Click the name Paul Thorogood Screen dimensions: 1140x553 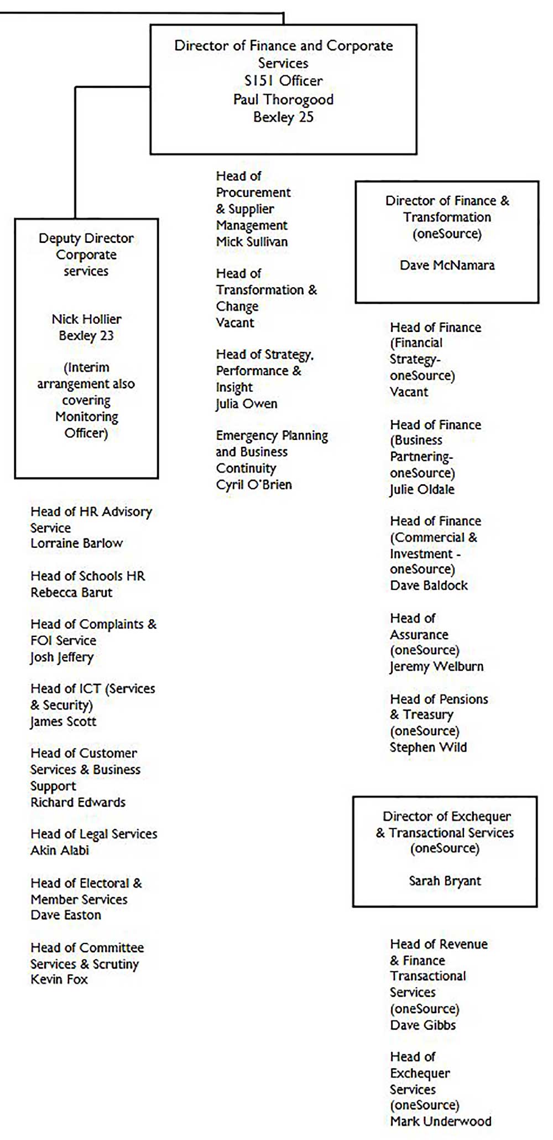pyautogui.click(x=283, y=100)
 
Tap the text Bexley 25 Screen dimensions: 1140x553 pyautogui.click(x=283, y=117)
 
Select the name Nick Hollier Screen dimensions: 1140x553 pyautogui.click(x=86, y=319)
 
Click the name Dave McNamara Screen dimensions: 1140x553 pyautogui.click(x=447, y=265)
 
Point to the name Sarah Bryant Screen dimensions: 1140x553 pyautogui.click(x=445, y=880)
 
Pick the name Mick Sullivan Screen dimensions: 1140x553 pyautogui.click(x=252, y=242)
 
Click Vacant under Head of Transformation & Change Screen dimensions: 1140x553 pyautogui.click(x=235, y=323)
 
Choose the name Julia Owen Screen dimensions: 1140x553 pyautogui.click(x=247, y=404)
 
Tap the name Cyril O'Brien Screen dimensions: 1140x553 pyautogui.click(x=254, y=485)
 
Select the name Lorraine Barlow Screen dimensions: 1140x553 pyautogui.click(x=76, y=543)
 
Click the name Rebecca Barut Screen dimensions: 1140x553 pyautogui.click(x=71, y=593)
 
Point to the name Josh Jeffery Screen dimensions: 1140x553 pyautogui.click(x=62, y=657)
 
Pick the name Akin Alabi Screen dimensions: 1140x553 pyautogui.click(x=60, y=850)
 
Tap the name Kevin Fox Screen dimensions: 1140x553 pyautogui.click(x=59, y=980)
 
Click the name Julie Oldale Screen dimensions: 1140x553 pyautogui.click(x=422, y=490)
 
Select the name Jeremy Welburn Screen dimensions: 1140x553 pyautogui.click(x=436, y=667)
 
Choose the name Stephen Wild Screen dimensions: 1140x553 pyautogui.click(x=428, y=748)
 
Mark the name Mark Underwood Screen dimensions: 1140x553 pyautogui.click(x=440, y=1121)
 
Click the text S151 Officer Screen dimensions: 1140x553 pyautogui.click(x=283, y=81)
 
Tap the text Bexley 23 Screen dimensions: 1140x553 pyautogui.click(x=86, y=336)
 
